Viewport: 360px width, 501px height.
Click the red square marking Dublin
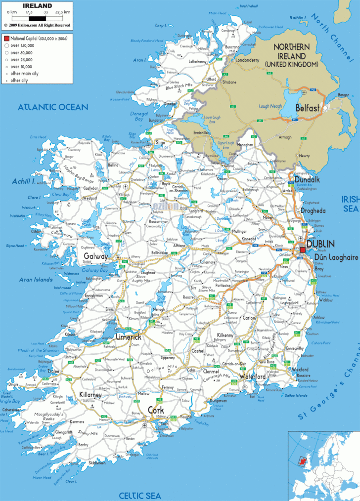coord(303,250)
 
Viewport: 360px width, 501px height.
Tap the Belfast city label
coord(310,107)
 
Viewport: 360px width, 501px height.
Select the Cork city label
coord(156,410)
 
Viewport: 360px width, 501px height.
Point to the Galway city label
coord(95,256)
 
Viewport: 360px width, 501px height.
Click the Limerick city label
coord(128,337)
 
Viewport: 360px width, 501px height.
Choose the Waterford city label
coord(253,376)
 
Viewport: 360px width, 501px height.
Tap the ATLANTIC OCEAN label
coord(53,107)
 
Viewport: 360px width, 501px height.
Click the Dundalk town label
coord(307,180)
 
